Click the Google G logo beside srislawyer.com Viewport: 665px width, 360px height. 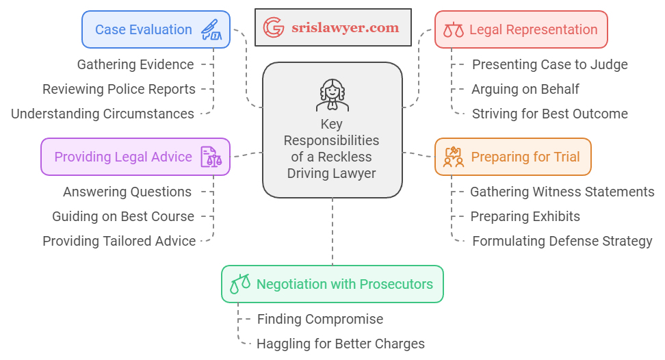click(x=274, y=27)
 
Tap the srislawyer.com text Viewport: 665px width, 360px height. click(x=345, y=28)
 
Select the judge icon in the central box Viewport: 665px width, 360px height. click(x=332, y=95)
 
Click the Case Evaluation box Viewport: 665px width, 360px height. click(x=156, y=29)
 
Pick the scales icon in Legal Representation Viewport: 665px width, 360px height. click(x=453, y=30)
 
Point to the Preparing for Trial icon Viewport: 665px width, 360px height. click(x=454, y=157)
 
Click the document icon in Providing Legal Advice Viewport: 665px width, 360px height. click(x=211, y=157)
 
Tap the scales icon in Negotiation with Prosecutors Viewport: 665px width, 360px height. click(x=240, y=284)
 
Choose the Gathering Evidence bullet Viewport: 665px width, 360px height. click(x=135, y=64)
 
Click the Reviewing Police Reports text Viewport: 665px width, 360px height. click(x=119, y=89)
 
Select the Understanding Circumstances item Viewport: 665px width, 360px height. click(x=103, y=114)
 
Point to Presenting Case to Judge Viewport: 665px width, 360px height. click(x=550, y=64)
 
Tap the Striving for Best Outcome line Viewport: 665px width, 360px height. click(x=550, y=114)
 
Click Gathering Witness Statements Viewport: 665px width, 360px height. click(x=562, y=192)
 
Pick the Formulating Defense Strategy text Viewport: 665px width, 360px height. click(x=562, y=241)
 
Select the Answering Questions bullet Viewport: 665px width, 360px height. click(x=127, y=192)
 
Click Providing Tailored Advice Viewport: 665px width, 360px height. click(x=119, y=241)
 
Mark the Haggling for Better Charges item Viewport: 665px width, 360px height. click(x=341, y=344)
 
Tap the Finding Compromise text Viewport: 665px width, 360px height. click(x=320, y=319)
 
